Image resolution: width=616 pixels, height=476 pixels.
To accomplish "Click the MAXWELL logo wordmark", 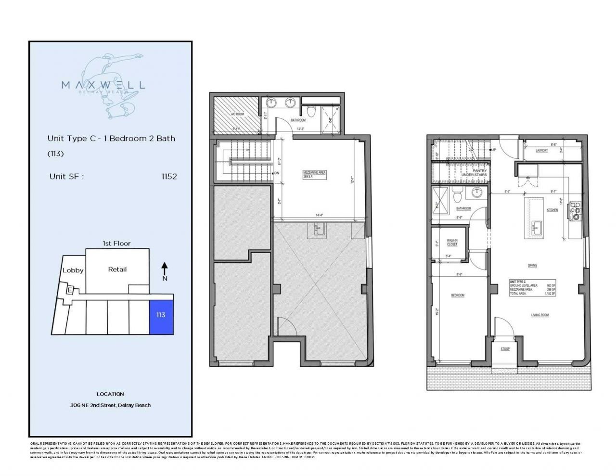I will point(103,85).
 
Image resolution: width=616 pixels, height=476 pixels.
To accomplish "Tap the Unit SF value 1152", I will point(169,176).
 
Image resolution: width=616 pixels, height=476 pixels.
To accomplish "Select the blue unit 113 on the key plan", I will point(161,315).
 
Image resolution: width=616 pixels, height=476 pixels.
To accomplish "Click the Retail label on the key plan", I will point(117,269).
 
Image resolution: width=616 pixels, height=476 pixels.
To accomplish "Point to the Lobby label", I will point(73,270).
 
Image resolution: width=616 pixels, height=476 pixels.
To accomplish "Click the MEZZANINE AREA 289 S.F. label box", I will point(315,174).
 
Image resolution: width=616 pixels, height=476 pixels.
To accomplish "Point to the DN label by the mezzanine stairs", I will point(277,173).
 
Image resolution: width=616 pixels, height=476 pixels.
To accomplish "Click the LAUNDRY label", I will point(541,151).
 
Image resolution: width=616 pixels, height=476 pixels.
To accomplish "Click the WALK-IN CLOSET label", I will point(452,242).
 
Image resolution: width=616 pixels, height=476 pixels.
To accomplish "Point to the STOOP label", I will point(505,349).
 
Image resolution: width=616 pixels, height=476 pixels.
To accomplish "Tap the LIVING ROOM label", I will point(540,315).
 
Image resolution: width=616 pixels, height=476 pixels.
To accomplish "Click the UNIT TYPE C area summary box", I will point(532,287).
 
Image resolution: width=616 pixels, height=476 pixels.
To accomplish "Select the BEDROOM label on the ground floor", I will point(457,295).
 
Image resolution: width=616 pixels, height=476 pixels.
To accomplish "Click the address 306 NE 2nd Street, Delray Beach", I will point(110,405).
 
